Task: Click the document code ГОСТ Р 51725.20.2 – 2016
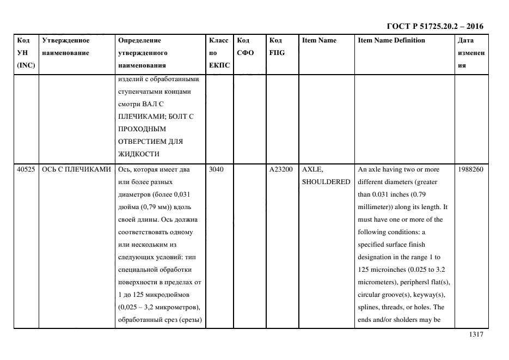434,26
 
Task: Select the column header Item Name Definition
391,40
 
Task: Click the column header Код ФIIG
277,47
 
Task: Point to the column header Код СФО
244,47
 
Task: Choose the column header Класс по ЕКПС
219,53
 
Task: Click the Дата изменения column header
471,53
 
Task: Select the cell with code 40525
26,169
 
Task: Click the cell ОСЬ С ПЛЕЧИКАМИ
76,169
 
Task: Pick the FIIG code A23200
281,169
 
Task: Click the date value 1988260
470,169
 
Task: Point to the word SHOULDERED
326,182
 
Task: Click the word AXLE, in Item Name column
312,169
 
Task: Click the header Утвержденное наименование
66,47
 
